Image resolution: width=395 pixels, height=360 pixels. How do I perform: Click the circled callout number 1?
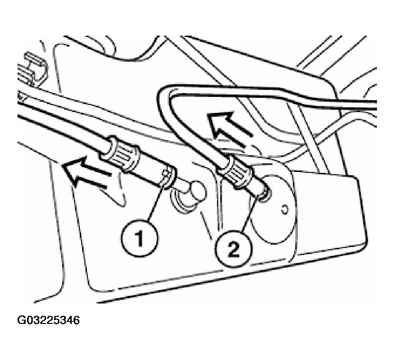[x=140, y=238]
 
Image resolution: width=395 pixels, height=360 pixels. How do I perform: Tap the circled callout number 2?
[x=233, y=249]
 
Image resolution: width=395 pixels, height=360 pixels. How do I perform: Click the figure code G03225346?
[x=48, y=320]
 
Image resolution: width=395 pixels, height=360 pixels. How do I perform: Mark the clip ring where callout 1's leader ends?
[x=168, y=178]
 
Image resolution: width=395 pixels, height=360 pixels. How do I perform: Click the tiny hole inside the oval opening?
[x=284, y=209]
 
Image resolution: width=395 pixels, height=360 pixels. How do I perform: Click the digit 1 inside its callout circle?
[x=139, y=238]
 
